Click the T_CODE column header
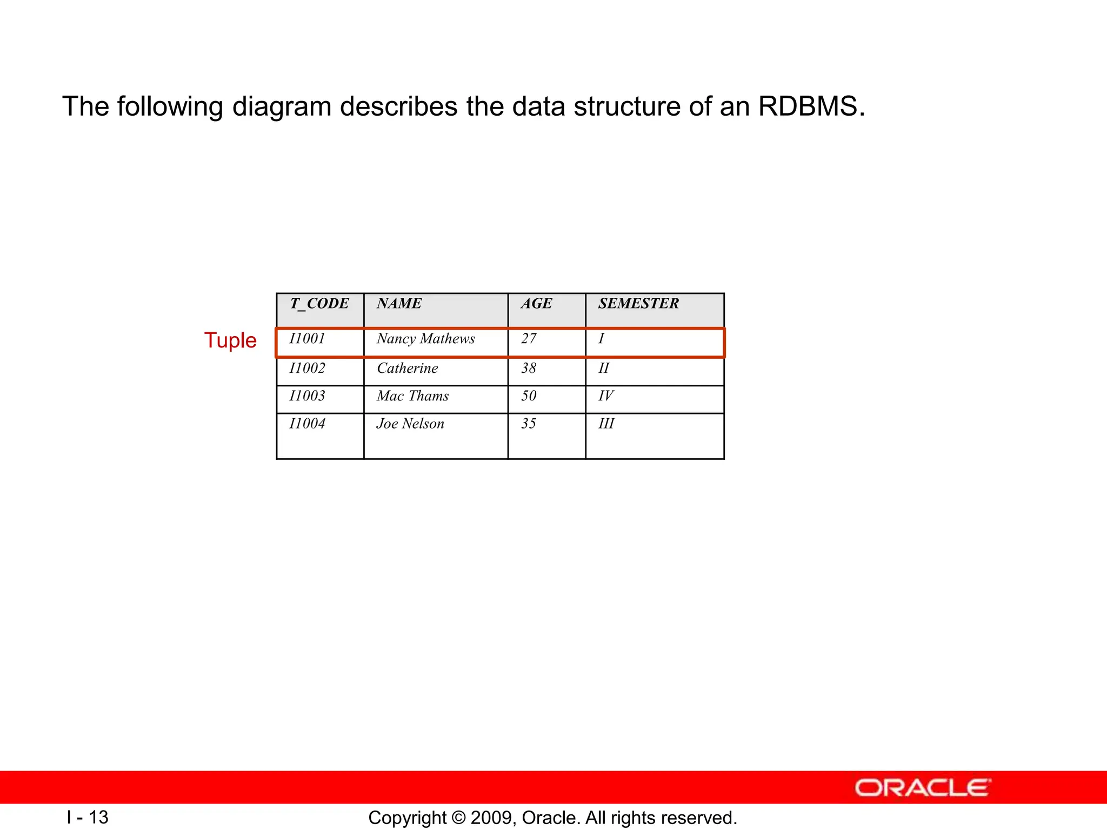tap(319, 304)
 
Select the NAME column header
tap(399, 304)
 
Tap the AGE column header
tap(536, 304)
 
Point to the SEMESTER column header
tap(638, 304)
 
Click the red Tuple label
tap(230, 340)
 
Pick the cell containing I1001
tap(307, 339)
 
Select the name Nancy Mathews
tap(425, 339)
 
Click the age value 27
tap(529, 339)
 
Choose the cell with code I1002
tap(307, 369)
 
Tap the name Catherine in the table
tap(407, 369)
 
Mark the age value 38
tap(529, 369)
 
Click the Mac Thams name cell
tap(412, 396)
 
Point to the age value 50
tap(529, 396)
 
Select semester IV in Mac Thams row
tap(606, 396)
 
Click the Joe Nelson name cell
tap(410, 424)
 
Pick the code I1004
tap(307, 424)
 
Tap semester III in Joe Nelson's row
tap(606, 424)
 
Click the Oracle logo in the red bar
tap(923, 788)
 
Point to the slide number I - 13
tap(88, 817)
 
